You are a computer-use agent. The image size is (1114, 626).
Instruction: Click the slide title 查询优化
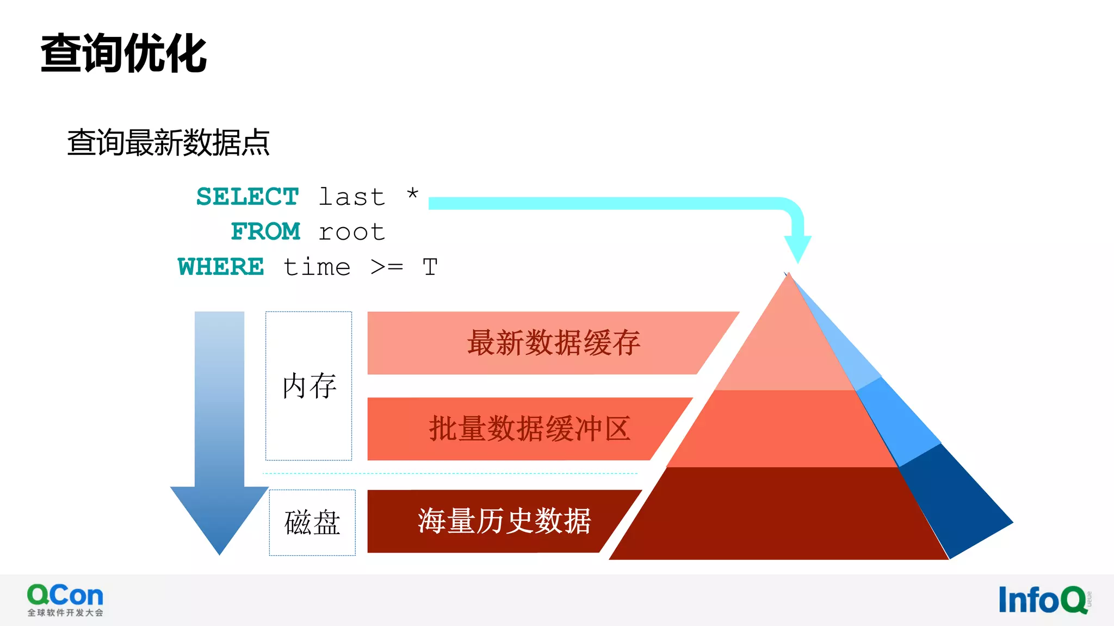click(124, 53)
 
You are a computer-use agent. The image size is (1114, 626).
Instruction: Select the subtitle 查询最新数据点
click(168, 142)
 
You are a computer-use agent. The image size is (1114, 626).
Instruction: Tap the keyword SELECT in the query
click(247, 197)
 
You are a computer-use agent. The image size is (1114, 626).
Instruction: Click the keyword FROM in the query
click(265, 231)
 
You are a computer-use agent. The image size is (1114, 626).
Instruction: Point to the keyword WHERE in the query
click(221, 267)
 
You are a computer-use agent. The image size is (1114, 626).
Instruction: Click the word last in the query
click(352, 197)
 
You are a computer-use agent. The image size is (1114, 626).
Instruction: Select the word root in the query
click(352, 232)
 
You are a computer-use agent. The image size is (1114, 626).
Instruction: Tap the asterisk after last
click(413, 194)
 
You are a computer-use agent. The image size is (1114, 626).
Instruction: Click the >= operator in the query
click(387, 267)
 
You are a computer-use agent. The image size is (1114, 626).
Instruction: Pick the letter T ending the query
click(430, 267)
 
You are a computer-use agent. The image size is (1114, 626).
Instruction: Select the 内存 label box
click(308, 386)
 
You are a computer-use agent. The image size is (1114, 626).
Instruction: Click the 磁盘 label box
click(312, 522)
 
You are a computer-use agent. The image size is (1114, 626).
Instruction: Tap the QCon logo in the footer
click(65, 599)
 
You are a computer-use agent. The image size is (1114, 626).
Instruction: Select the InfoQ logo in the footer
click(1044, 600)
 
